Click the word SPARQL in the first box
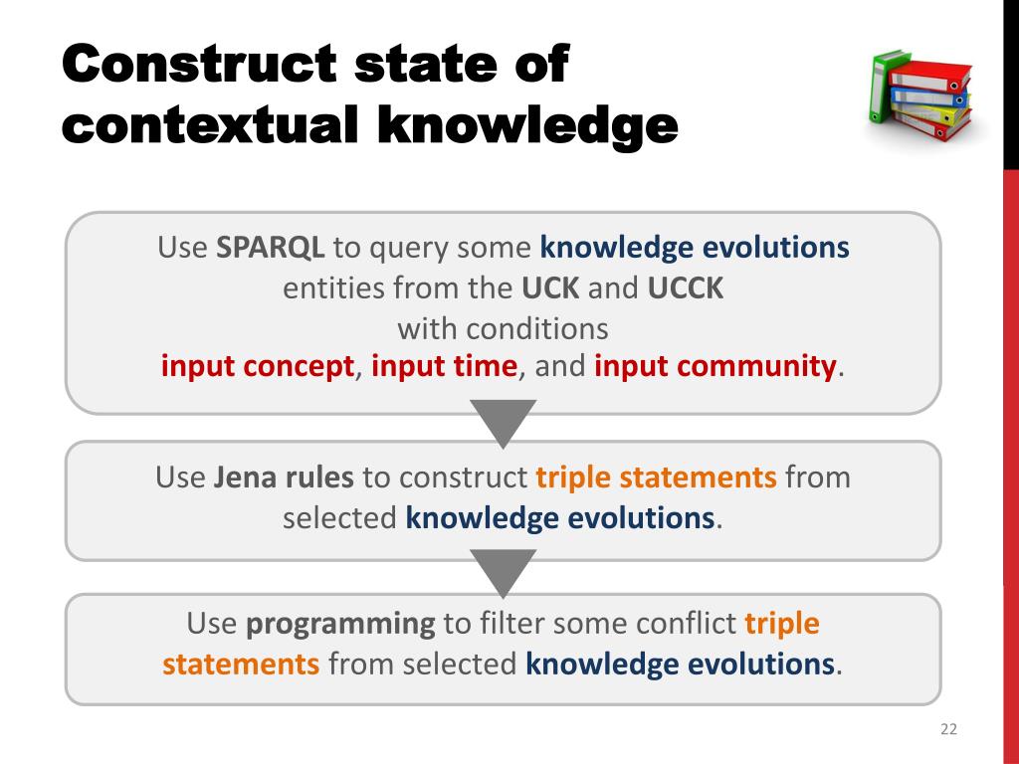point(270,248)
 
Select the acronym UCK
point(549,287)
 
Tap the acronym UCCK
point(685,287)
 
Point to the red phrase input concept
point(258,366)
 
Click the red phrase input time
point(445,366)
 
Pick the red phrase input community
point(714,366)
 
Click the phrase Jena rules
point(284,477)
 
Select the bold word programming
point(340,625)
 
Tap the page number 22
point(948,729)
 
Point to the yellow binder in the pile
point(930,114)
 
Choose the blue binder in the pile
point(928,98)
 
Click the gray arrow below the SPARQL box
point(503,421)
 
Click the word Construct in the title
point(199,64)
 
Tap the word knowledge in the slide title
point(527,124)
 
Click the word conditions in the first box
point(536,328)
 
